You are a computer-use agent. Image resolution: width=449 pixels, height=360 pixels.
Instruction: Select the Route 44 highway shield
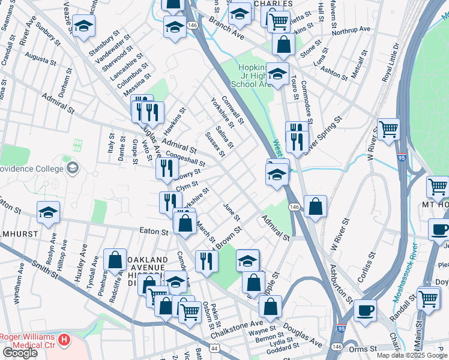point(214,347)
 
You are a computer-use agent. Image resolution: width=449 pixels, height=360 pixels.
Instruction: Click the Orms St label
point(364,347)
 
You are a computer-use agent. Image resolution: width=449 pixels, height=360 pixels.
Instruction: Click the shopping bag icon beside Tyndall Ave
point(114,259)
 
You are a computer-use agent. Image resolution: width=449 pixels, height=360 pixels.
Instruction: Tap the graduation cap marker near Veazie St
point(83,26)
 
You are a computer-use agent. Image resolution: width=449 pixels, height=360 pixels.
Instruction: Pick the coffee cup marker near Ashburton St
point(364,310)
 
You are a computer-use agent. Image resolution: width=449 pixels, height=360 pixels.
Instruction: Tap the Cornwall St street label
point(232,110)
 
